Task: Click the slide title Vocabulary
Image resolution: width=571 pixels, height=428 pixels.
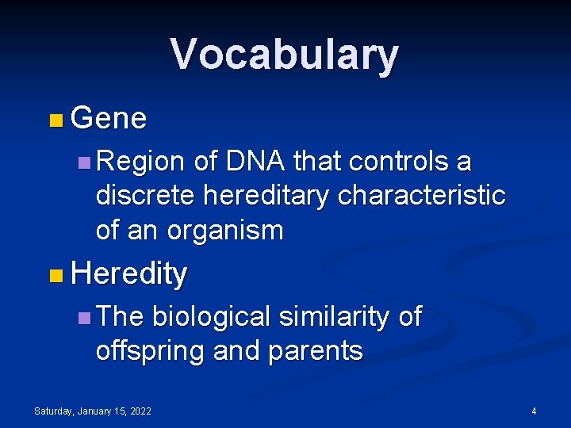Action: pos(284,55)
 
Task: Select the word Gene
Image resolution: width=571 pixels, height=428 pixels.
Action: pos(109,119)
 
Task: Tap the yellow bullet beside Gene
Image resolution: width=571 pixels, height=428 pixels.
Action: pos(54,121)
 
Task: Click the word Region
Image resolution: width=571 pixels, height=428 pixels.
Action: pos(141,162)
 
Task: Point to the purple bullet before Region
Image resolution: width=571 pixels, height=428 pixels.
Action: pos(84,163)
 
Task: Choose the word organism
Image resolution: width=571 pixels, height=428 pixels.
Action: pos(224,231)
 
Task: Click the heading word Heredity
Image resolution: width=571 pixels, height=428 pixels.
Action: pos(128,274)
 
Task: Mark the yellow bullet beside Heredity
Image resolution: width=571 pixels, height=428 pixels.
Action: pos(54,277)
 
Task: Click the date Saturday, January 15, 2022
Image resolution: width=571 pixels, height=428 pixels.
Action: pos(93,411)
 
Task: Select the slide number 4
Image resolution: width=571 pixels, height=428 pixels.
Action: pos(534,411)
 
